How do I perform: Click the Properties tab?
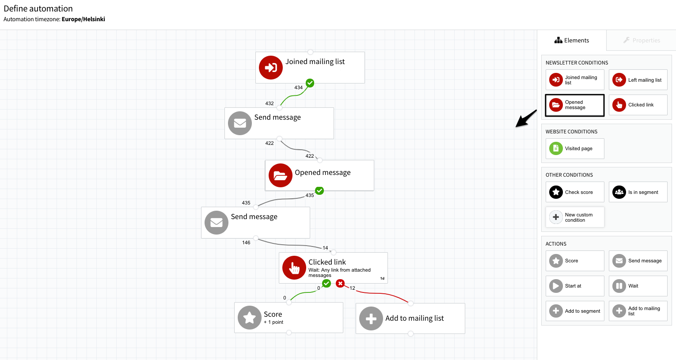(x=642, y=40)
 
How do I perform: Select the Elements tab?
(x=572, y=40)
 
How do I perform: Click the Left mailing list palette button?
(x=638, y=80)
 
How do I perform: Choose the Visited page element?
(x=574, y=148)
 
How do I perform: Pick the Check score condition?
(x=574, y=192)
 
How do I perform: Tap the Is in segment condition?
(x=638, y=192)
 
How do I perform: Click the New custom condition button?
(x=574, y=217)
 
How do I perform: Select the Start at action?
(x=574, y=286)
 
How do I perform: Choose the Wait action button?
(x=638, y=286)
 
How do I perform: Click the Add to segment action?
(x=574, y=311)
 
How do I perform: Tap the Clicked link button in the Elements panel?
(x=638, y=105)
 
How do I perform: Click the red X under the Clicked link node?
(x=340, y=284)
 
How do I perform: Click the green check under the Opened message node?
(x=319, y=191)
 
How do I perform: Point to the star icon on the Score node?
(x=250, y=318)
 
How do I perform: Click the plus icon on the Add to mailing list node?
(x=371, y=318)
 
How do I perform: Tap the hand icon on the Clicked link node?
(x=294, y=268)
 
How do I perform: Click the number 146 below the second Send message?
(x=246, y=243)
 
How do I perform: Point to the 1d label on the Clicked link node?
(x=382, y=279)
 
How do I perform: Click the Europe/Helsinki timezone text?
(x=84, y=19)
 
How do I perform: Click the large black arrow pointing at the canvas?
(x=526, y=118)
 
